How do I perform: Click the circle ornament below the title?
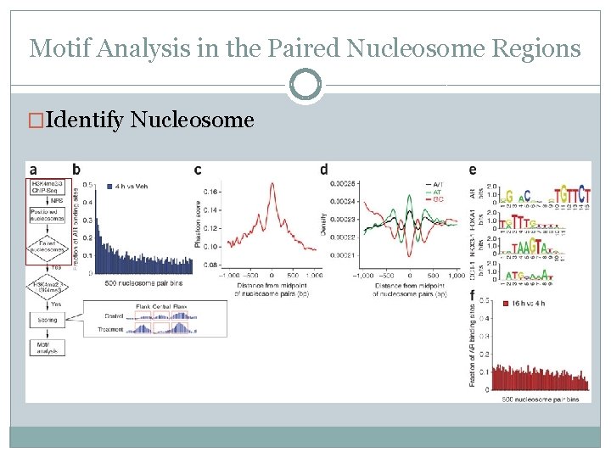pos(305,85)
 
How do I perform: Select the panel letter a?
pos(32,170)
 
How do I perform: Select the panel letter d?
pos(324,170)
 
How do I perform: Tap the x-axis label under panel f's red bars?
pos(540,399)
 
